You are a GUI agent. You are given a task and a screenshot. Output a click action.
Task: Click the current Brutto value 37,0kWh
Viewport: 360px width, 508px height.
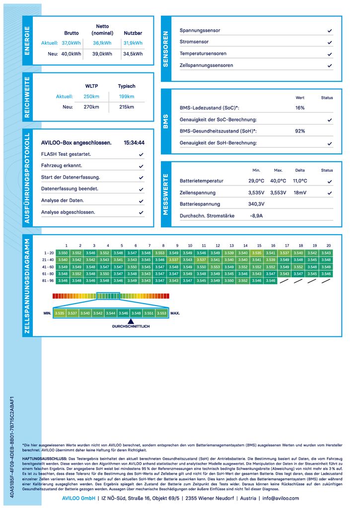coord(72,43)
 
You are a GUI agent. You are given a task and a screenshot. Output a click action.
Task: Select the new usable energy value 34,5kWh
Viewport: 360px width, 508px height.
coord(133,54)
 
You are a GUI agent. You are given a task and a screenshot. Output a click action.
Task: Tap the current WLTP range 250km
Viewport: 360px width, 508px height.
coord(91,96)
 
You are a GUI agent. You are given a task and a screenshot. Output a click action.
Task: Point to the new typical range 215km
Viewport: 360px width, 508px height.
coord(127,107)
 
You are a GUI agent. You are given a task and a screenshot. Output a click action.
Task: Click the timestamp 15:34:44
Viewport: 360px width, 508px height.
coord(134,143)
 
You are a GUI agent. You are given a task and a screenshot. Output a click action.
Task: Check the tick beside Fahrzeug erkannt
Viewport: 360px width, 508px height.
coord(142,166)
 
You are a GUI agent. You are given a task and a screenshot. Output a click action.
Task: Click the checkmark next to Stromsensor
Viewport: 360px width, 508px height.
coord(330,43)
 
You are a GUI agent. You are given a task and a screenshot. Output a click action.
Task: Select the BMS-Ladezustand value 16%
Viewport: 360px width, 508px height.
coord(300,108)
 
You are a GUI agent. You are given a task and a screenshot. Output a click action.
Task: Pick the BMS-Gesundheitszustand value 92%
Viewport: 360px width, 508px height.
coord(300,131)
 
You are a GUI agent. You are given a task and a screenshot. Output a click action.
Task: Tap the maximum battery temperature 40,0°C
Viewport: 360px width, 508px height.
coord(278,181)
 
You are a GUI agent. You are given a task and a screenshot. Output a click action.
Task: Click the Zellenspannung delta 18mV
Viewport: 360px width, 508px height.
coord(300,192)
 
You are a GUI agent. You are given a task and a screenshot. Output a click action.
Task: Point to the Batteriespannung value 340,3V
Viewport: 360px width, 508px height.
coord(256,204)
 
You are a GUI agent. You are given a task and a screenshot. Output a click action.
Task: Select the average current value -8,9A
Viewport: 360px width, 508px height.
coord(256,216)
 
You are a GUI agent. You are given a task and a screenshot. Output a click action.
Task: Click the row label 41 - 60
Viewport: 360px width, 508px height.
coord(48,266)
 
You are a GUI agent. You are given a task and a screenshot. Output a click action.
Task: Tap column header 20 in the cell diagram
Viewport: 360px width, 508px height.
coord(328,246)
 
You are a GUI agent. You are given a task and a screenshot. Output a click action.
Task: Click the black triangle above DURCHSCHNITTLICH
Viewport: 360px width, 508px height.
coord(130,321)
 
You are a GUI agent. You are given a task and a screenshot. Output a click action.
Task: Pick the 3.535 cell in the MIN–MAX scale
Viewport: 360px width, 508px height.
coord(60,313)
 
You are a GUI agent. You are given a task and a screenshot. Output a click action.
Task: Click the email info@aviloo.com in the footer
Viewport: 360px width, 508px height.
coord(281,498)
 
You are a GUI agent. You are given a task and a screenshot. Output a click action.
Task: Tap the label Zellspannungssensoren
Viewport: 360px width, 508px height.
coord(206,65)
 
